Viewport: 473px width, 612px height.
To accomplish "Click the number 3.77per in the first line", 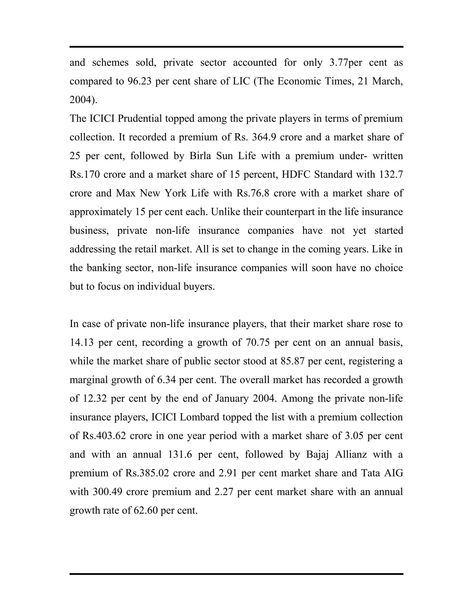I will pyautogui.click(x=346, y=63).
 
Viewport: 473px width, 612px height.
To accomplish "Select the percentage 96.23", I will pyautogui.click(x=139, y=81).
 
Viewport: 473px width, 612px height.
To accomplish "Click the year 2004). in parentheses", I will pyautogui.click(x=83, y=100).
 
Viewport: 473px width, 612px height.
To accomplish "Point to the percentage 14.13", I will pyautogui.click(x=81, y=342).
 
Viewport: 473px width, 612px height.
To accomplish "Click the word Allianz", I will pyautogui.click(x=351, y=454).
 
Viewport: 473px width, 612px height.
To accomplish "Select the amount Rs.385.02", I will pyautogui.click(x=147, y=473).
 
